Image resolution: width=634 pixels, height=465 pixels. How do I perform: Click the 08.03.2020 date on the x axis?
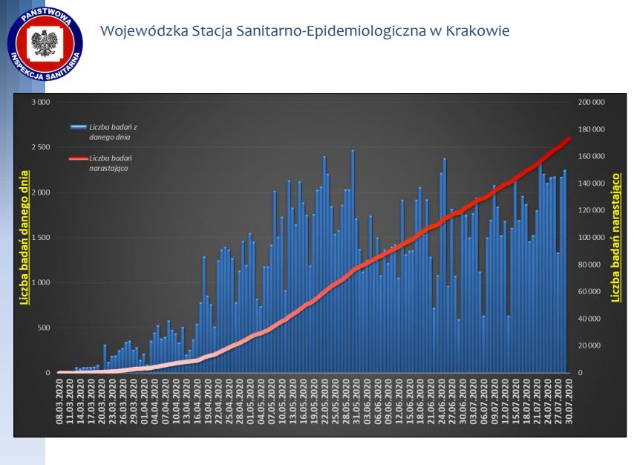coord(59,399)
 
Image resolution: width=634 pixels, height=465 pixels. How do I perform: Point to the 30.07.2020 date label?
coord(568,399)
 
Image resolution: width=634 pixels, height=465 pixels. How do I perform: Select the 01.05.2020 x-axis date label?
coord(250,399)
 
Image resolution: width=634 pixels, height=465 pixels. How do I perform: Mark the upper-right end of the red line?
coord(569,137)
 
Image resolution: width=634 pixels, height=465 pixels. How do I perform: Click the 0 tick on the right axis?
coord(581,373)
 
